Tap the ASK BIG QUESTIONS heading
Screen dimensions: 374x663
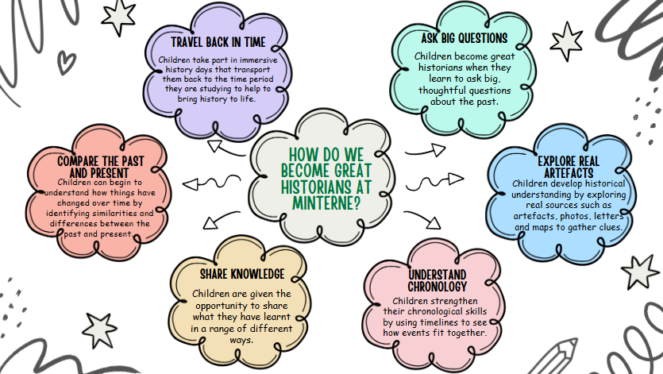[x=464, y=37]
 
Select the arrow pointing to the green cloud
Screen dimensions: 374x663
[x=426, y=149]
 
